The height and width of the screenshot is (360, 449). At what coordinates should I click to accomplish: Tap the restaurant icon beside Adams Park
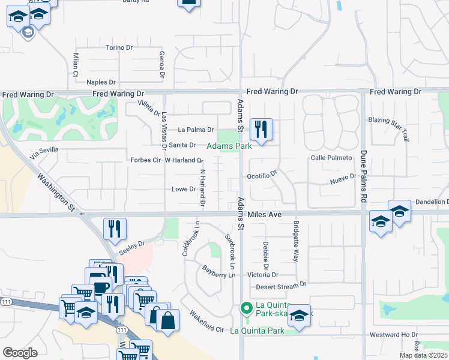(261, 129)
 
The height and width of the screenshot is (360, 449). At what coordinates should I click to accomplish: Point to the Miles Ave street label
(264, 214)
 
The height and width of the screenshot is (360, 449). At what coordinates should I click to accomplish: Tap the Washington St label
(55, 193)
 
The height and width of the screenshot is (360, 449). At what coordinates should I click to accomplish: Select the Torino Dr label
(119, 47)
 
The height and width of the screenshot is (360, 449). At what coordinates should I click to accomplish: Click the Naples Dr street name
(101, 82)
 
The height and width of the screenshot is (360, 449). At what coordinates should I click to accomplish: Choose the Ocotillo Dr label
(262, 175)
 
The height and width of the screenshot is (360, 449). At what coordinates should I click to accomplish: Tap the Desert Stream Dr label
(281, 286)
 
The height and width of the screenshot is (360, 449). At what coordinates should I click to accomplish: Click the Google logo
(20, 353)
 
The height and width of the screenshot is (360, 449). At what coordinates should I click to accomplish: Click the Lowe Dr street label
(184, 189)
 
